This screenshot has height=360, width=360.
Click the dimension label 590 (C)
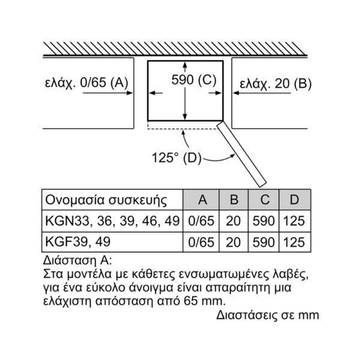[x=194, y=80]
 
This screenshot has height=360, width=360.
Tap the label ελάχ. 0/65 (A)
[x=86, y=83]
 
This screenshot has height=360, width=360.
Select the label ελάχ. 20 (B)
[x=275, y=83]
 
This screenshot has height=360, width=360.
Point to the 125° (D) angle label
[x=176, y=158]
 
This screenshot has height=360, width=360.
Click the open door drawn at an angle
[x=242, y=154]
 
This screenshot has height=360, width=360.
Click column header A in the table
[x=203, y=200]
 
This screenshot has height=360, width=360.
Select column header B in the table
[x=234, y=200]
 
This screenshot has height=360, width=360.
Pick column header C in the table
[x=265, y=200]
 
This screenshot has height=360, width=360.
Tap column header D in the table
[x=295, y=200]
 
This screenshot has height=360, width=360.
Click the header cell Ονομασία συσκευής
[x=106, y=200]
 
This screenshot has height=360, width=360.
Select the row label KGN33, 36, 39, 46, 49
[x=112, y=221]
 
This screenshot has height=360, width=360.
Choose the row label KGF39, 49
[x=78, y=242]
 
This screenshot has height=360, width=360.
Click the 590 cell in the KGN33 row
[x=263, y=221]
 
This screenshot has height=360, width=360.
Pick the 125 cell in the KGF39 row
[x=294, y=242]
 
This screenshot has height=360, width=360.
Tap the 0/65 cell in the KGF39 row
[x=201, y=242]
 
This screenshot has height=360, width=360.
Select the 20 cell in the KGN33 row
[x=233, y=221]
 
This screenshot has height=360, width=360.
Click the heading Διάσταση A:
[x=77, y=260]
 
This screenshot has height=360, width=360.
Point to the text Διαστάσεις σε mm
[x=268, y=315]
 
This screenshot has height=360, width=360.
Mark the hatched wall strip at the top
[x=175, y=49]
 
